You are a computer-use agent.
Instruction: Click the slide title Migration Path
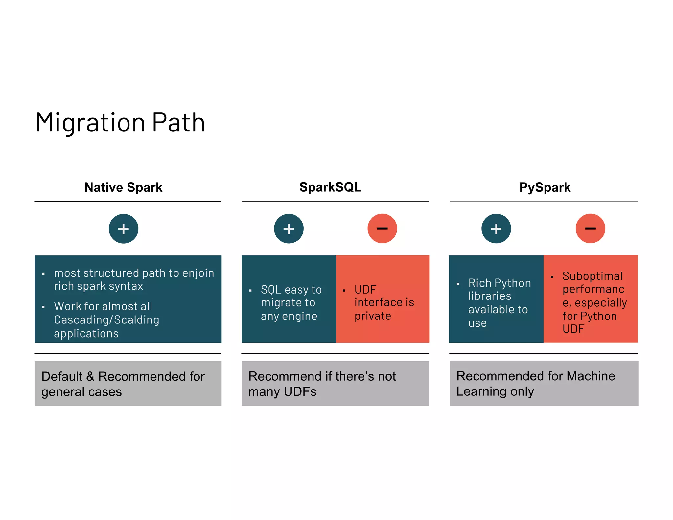coord(120,123)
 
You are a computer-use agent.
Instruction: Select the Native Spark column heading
coord(123,187)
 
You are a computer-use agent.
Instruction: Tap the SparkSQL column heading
coord(330,187)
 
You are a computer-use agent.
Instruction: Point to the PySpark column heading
coord(545,187)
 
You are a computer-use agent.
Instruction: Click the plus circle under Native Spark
coord(124,229)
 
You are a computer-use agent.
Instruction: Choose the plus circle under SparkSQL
coord(289,229)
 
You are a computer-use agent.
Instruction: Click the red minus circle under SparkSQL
coord(382,228)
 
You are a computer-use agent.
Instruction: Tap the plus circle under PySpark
coord(496,229)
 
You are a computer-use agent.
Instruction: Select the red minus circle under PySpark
coord(590,228)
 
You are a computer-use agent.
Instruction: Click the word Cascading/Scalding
coord(106,320)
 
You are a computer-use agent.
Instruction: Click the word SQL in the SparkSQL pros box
coord(271,290)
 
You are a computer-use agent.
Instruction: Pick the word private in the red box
coord(373,316)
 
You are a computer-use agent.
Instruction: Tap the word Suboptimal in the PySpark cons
coord(592,276)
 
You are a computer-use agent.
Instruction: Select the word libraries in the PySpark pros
coord(490,296)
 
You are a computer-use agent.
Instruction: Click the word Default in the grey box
coord(62,376)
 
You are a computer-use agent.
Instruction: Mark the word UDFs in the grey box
coord(300,391)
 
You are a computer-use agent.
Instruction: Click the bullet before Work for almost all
coord(43,307)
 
